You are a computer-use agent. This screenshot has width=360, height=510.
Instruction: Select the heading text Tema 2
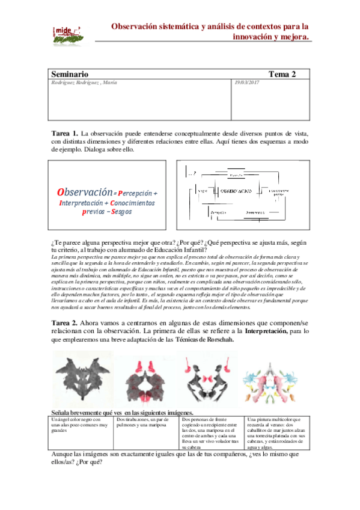282,74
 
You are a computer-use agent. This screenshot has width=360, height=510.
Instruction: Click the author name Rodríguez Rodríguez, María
84,82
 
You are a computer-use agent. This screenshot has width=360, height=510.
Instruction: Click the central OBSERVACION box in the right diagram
236,189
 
